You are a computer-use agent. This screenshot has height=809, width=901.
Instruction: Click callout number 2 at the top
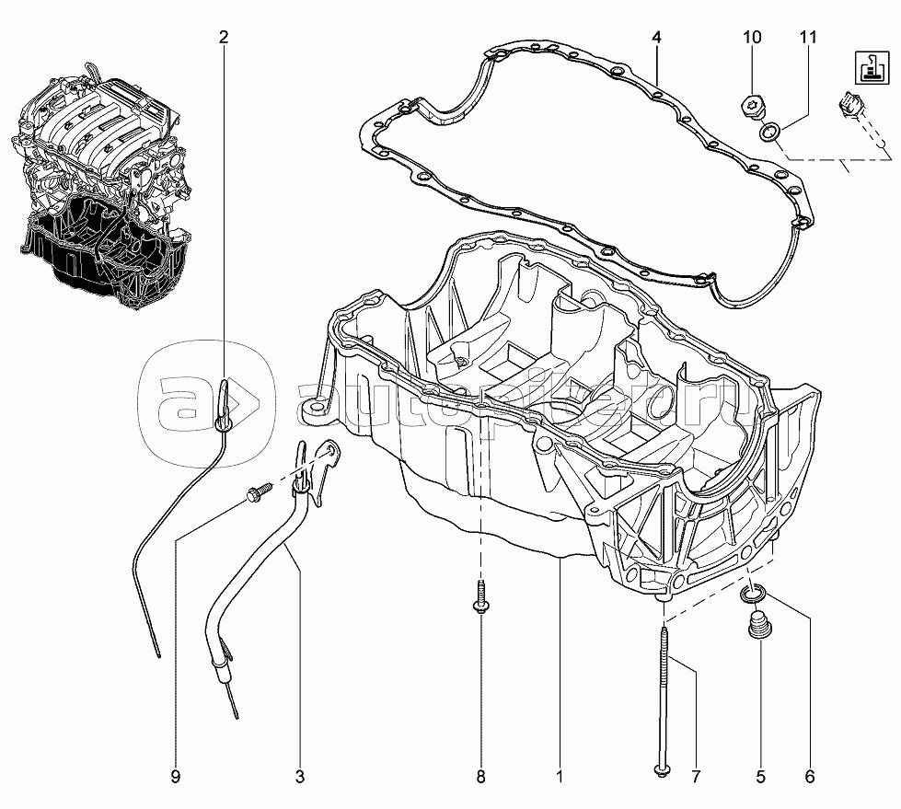point(223,38)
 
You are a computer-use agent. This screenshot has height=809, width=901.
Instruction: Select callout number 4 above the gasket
point(656,38)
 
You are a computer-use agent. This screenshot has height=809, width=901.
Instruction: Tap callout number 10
point(752,38)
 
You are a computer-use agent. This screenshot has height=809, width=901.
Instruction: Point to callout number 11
point(807,38)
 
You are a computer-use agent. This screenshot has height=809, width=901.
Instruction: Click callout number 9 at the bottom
point(175,778)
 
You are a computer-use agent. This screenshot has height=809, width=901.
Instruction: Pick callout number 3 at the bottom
point(299,778)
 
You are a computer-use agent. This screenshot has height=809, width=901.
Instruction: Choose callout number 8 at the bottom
point(480,778)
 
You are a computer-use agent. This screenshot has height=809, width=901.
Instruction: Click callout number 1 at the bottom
point(559,778)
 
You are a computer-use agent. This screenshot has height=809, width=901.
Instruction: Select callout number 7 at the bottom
point(696,778)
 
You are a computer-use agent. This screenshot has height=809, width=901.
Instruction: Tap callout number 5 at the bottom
point(760,778)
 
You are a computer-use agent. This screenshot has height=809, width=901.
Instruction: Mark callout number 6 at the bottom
point(810,778)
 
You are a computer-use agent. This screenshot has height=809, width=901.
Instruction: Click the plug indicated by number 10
point(751,107)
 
